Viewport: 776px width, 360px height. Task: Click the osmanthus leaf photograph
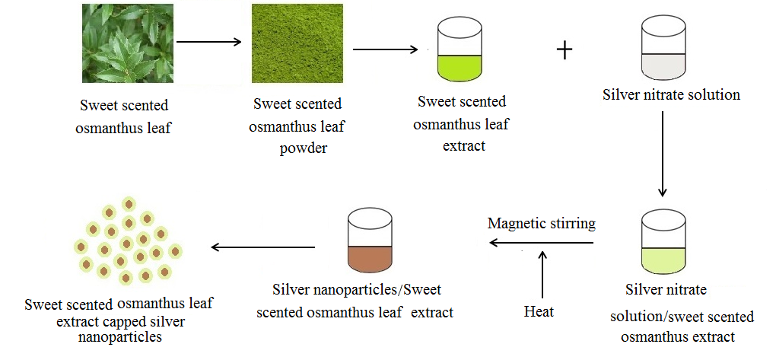pos(128,43)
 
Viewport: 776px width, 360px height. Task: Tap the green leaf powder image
pos(297,43)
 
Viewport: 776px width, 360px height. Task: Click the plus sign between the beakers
pos(564,50)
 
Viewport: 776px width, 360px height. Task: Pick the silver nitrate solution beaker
pos(664,49)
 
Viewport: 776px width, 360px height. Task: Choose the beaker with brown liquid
pos(370,241)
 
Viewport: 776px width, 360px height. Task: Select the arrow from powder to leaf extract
pos(385,50)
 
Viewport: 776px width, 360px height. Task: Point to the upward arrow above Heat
pos(542,274)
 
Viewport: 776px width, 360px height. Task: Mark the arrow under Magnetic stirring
pos(541,243)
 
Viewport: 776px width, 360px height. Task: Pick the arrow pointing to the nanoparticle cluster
pos(262,247)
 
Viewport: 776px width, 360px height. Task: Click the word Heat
pos(539,311)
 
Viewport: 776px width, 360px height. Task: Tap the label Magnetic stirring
pos(541,224)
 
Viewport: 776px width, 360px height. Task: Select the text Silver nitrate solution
pos(671,95)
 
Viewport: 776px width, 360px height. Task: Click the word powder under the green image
pos(304,148)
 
